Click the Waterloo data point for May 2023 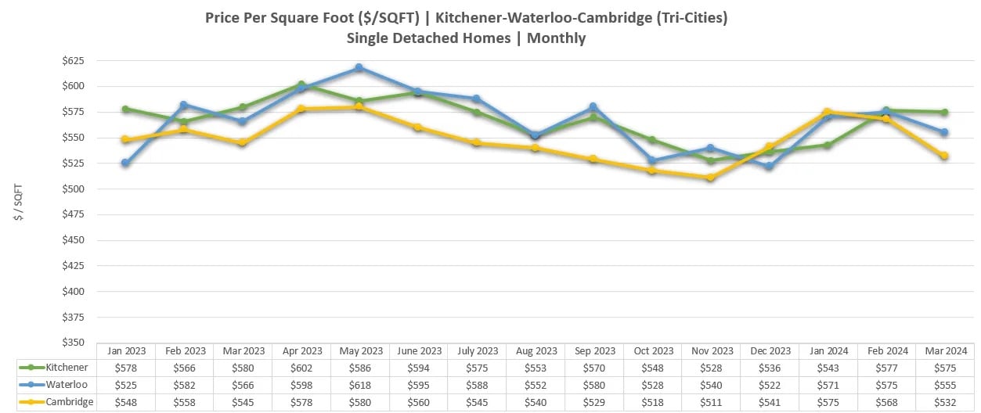359,68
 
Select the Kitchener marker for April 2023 301,84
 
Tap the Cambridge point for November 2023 710,178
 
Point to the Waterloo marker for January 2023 125,163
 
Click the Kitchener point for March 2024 944,112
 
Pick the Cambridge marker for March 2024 944,156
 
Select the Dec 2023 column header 770,351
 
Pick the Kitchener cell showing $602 301,368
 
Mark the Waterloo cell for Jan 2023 126,385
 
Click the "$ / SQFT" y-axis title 18,202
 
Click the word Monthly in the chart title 556,38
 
